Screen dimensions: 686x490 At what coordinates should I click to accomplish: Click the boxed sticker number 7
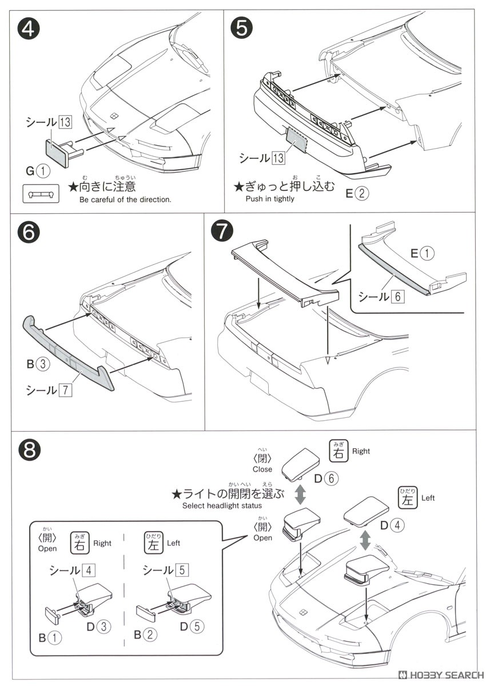click(x=67, y=390)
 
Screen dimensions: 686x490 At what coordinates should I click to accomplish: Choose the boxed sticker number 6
click(x=398, y=296)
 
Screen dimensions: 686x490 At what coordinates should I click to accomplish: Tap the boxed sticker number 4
click(x=86, y=570)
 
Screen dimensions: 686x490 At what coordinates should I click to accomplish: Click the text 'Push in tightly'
click(x=270, y=199)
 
